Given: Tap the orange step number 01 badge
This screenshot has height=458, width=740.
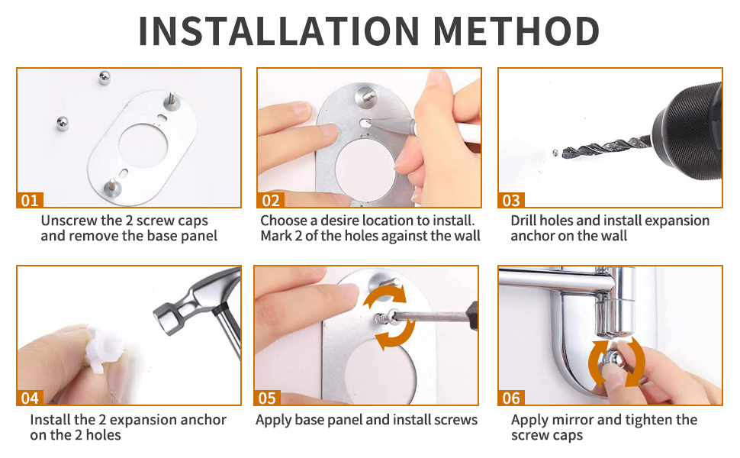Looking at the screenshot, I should pos(29,201).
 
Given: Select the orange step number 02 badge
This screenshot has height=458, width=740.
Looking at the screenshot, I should pos(271,201).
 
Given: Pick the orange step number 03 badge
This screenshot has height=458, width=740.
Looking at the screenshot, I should pos(511,201).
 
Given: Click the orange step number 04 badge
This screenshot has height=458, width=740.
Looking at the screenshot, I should pos(29,398).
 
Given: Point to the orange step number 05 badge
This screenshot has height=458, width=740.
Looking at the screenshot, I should pos(268,398).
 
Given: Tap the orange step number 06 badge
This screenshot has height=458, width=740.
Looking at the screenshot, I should pos(511,398).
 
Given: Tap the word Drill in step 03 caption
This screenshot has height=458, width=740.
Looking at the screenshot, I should pos(526,221).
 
